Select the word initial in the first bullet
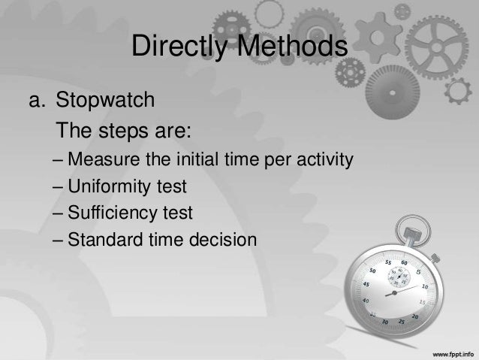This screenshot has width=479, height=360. pos(197,161)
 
